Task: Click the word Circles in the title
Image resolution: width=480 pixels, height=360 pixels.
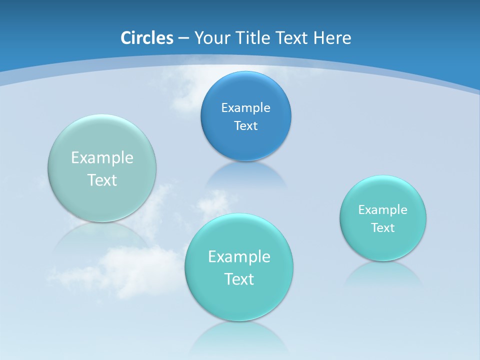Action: coord(147,38)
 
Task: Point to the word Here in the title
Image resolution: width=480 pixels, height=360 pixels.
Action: coord(332,38)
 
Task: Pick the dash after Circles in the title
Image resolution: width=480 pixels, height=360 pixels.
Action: coord(183,38)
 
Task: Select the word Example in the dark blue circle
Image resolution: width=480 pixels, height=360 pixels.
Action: coord(245,107)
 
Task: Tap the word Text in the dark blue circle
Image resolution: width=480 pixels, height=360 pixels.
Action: coord(245,125)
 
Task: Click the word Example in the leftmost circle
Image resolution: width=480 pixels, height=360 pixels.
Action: coord(102,157)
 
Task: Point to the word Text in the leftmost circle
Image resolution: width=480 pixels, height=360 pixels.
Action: coord(102,180)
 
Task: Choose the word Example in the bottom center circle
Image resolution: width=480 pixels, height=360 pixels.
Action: coord(239,256)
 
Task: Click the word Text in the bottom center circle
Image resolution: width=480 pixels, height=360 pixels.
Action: coord(239,279)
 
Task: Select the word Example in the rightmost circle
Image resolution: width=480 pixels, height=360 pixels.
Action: coord(382,209)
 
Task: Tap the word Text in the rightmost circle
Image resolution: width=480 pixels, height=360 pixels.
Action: coord(382,227)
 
